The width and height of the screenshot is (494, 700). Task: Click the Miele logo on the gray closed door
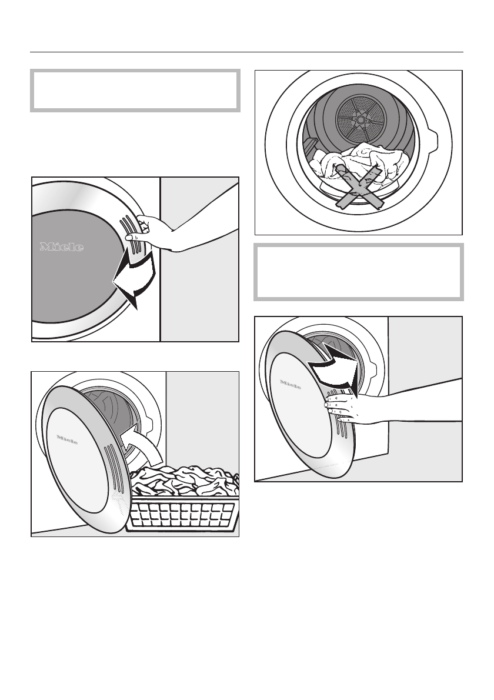click(x=62, y=247)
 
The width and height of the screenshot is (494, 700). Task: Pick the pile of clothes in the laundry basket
click(x=182, y=479)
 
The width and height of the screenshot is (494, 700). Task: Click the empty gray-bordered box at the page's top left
click(x=135, y=91)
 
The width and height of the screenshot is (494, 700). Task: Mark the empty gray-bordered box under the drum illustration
click(x=358, y=272)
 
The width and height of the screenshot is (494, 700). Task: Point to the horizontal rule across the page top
click(x=246, y=51)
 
